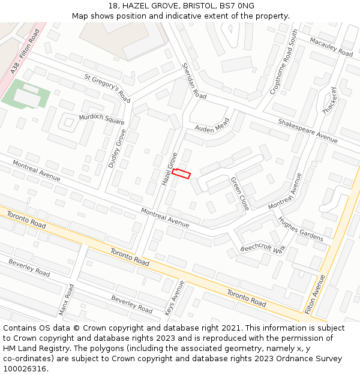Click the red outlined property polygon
[181, 174]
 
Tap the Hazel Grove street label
[170, 169]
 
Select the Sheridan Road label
[194, 81]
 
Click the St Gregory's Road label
[107, 88]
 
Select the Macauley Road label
[331, 47]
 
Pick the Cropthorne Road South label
[284, 63]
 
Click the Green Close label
[240, 193]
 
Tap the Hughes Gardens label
[301, 229]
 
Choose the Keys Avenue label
[175, 298]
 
